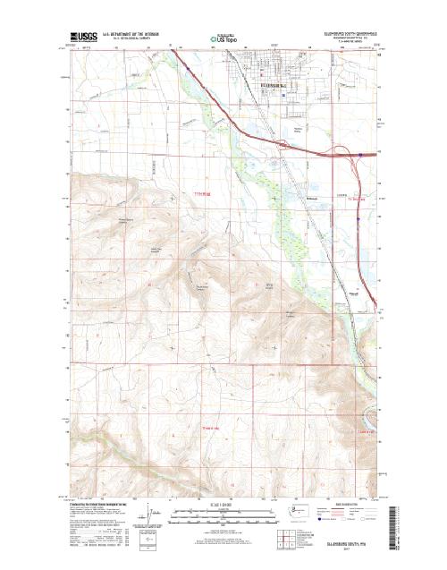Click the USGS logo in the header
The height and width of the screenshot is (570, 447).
click(x=84, y=38)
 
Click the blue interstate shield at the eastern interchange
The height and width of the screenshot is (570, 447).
click(x=360, y=154)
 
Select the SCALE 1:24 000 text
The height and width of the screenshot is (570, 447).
click(x=223, y=507)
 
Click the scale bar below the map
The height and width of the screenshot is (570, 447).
click(x=223, y=515)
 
